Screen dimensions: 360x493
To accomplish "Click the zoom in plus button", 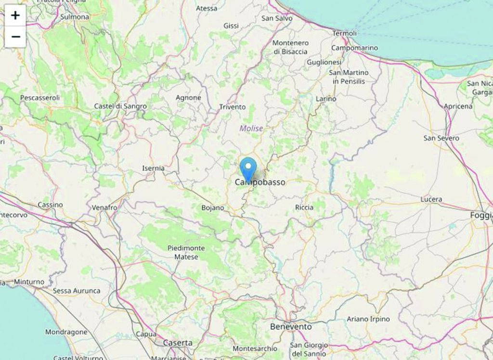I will tap(15, 15).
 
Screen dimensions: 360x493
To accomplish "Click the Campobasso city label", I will tap(260, 182).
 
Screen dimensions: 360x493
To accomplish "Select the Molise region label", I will tap(251, 129).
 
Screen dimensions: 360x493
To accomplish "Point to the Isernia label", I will tap(153, 168).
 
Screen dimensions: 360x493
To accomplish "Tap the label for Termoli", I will tap(345, 33).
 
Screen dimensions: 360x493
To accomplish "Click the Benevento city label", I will tap(291, 326).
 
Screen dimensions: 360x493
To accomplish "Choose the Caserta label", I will tap(178, 343).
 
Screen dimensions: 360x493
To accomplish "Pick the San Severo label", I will tap(441, 138).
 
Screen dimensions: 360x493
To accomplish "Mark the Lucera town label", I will tap(431, 199).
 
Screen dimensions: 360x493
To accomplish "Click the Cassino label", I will tap(50, 205).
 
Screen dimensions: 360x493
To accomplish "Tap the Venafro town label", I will tap(104, 207).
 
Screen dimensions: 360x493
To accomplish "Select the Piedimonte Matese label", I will tap(186, 252).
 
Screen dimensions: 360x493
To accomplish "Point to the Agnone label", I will tap(188, 98).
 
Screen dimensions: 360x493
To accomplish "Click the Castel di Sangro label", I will tap(120, 106).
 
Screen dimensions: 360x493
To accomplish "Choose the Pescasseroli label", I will tap(40, 98).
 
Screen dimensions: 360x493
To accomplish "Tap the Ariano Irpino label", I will tap(368, 319).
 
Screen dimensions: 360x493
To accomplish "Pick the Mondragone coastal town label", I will tap(66, 332).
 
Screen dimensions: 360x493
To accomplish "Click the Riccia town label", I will tap(304, 207).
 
